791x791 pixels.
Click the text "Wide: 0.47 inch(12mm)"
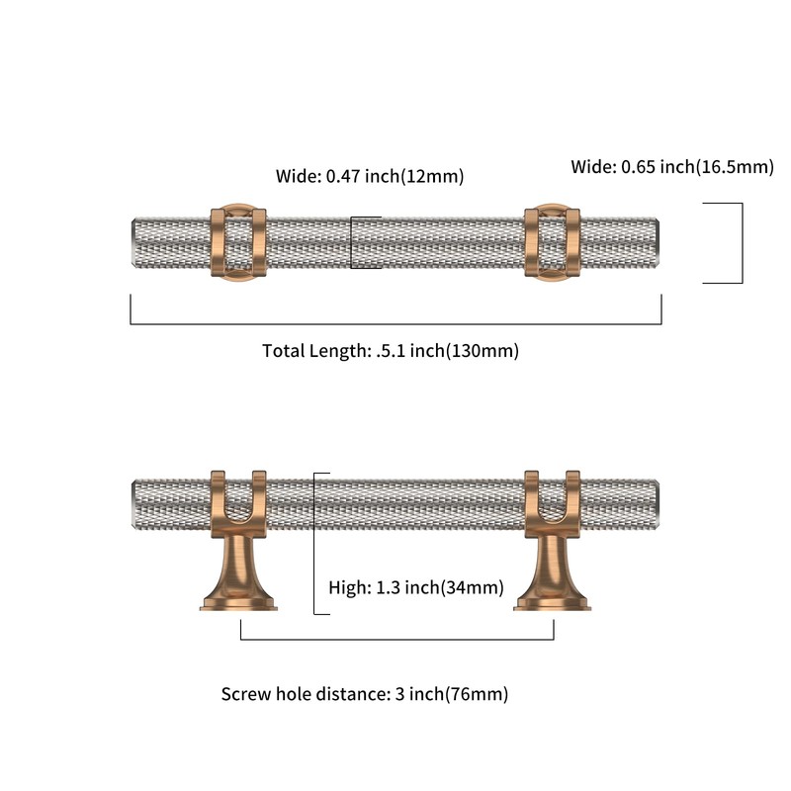[369, 176]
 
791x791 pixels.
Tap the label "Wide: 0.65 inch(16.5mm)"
[672, 166]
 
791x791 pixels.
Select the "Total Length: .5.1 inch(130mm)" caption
[391, 351]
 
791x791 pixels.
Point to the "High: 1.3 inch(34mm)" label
[416, 587]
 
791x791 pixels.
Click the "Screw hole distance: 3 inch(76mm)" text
[365, 694]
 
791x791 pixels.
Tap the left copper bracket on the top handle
[238, 242]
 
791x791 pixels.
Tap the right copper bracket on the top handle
[552, 242]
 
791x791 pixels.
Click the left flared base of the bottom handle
[238, 575]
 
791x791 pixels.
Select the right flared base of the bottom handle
[552, 575]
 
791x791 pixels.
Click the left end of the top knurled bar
[132, 243]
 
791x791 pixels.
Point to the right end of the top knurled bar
[659, 243]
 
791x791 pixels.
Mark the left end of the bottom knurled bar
[132, 504]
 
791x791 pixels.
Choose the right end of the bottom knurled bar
[659, 504]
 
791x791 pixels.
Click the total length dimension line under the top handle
[396, 324]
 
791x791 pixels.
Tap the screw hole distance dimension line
[397, 639]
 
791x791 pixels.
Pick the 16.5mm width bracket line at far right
[743, 243]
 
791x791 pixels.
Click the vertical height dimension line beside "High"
[314, 544]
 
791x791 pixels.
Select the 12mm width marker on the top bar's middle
[351, 242]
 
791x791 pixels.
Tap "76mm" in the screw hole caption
[477, 694]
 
